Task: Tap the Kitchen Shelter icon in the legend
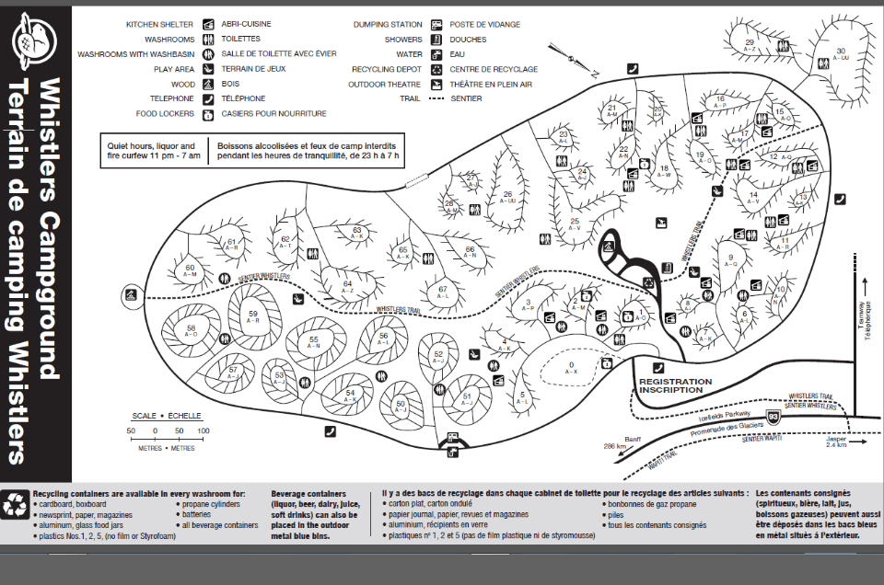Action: point(209,24)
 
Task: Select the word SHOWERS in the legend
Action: point(403,40)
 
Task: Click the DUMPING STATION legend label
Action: point(388,24)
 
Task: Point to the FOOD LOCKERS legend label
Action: point(165,114)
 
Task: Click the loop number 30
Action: point(840,51)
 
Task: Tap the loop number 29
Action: point(750,42)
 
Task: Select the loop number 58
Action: point(192,328)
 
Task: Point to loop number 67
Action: point(443,290)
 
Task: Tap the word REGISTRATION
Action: point(675,381)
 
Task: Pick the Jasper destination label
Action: point(837,439)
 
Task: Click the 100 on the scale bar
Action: point(203,430)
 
